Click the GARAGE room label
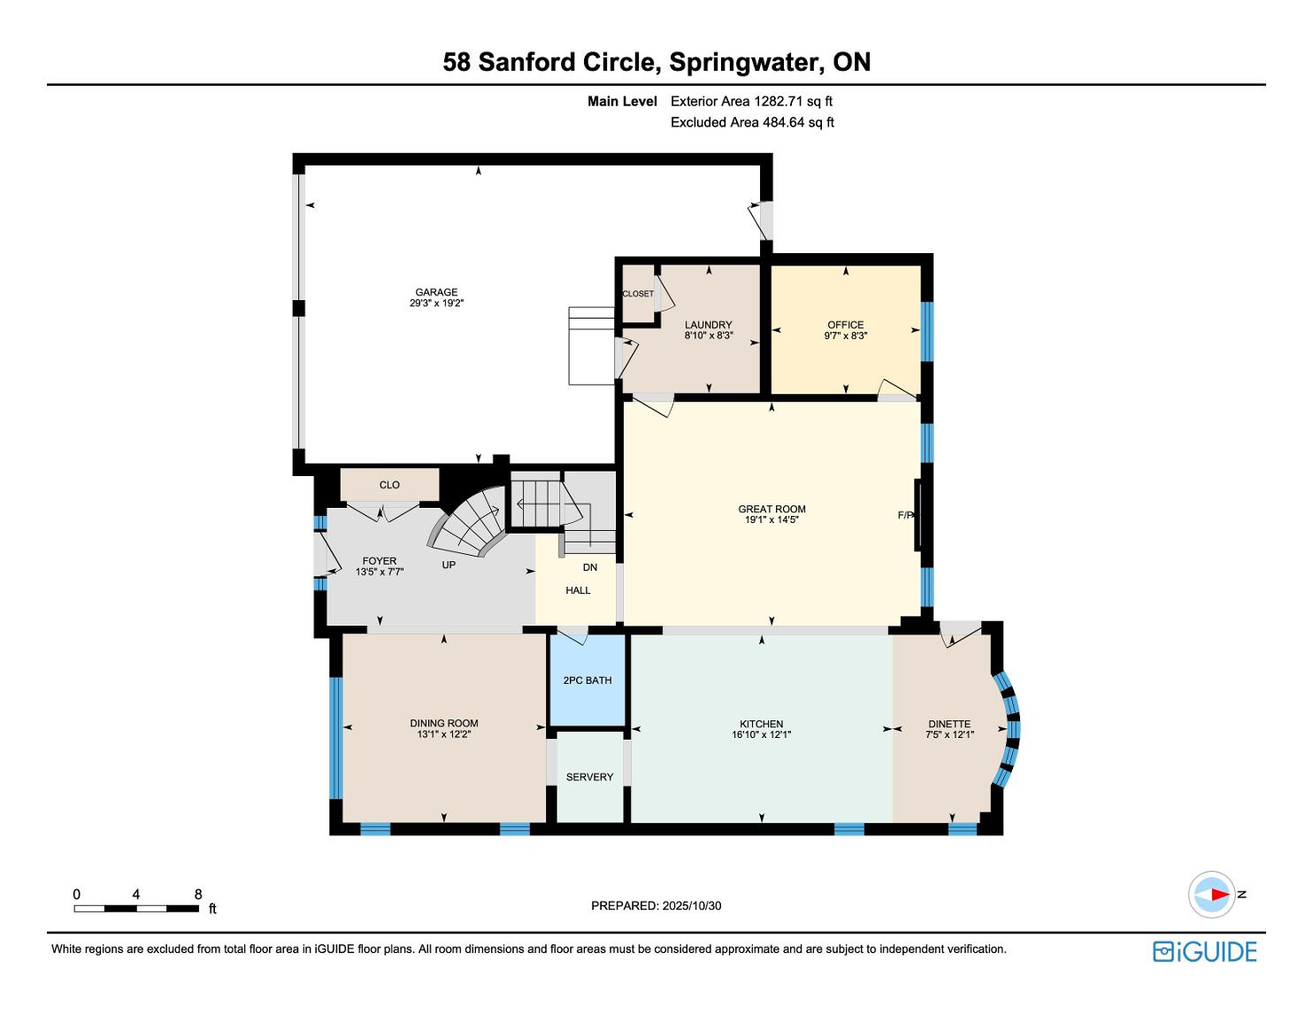pyautogui.click(x=436, y=292)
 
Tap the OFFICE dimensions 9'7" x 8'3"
pyautogui.click(x=845, y=335)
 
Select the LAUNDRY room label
pyautogui.click(x=708, y=325)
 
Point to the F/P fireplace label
pyautogui.click(x=904, y=515)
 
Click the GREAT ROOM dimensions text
pyautogui.click(x=772, y=519)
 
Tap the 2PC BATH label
pyautogui.click(x=587, y=681)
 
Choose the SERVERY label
pyautogui.click(x=590, y=777)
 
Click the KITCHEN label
pyautogui.click(x=761, y=724)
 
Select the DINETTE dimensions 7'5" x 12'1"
pyautogui.click(x=950, y=734)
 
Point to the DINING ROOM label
pyautogui.click(x=444, y=723)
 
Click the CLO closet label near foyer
pyautogui.click(x=389, y=485)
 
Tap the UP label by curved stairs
pyautogui.click(x=449, y=565)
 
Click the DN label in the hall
pyautogui.click(x=590, y=567)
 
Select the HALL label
pyautogui.click(x=579, y=590)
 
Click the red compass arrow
pyautogui.click(x=1219, y=894)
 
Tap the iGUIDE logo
pyautogui.click(x=1204, y=952)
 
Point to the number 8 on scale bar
pyautogui.click(x=198, y=894)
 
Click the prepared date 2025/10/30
pyautogui.click(x=691, y=905)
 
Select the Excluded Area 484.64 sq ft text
pyautogui.click(x=752, y=122)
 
